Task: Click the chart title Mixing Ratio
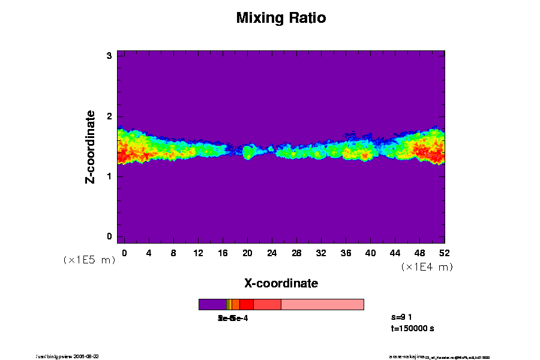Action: click(x=281, y=18)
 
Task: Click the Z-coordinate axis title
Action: click(x=91, y=146)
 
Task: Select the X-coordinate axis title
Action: click(x=281, y=283)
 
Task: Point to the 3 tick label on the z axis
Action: click(x=110, y=56)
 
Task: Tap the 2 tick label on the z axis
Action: click(x=110, y=116)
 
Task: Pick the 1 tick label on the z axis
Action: click(x=110, y=176)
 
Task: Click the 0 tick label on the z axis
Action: click(x=110, y=236)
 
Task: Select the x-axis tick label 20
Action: click(x=247, y=253)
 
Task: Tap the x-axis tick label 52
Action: click(x=445, y=253)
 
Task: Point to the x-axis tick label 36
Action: click(x=346, y=253)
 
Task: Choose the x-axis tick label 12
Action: click(x=198, y=253)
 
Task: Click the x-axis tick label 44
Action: click(x=395, y=253)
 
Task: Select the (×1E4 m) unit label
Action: click(x=427, y=267)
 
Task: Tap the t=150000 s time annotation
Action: click(x=412, y=329)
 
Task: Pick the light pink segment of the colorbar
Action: click(x=322, y=304)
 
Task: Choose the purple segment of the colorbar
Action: click(x=212, y=304)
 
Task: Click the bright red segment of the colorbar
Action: click(x=246, y=304)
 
